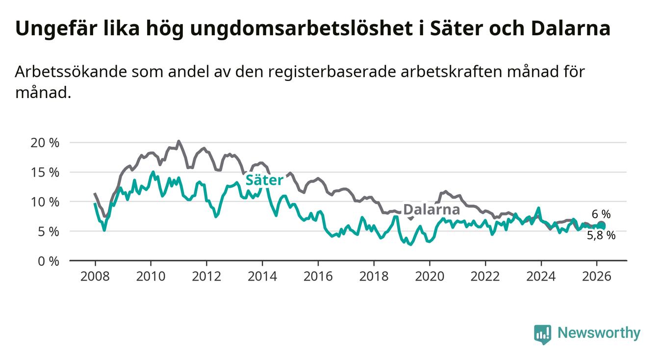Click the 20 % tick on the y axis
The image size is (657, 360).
46,143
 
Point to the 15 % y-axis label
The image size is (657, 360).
46,172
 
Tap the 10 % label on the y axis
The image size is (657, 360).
46,202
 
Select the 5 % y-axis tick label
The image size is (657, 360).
49,231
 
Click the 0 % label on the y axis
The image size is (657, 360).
49,261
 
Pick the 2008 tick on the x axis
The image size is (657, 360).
95,276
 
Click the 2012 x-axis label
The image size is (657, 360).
206,276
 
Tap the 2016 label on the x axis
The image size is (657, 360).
318,276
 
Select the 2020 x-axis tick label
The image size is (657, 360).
430,276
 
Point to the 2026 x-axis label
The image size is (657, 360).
596,276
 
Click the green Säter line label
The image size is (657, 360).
264,180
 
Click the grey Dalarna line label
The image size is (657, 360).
431,210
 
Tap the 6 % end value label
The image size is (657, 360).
601,214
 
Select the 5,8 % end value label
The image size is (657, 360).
601,235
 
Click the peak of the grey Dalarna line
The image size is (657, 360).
178,141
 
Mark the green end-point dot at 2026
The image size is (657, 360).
602,226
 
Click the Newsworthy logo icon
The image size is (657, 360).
542,334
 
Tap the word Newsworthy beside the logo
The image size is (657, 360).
599,334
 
